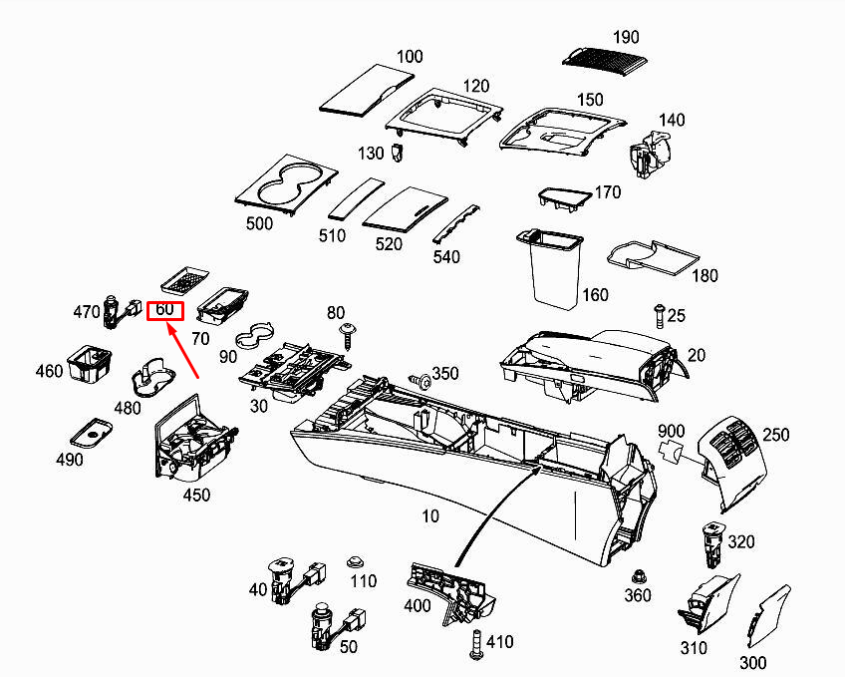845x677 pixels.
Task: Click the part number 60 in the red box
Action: pyautogui.click(x=164, y=310)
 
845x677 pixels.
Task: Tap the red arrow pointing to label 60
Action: pyautogui.click(x=183, y=350)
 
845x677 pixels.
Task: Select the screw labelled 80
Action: pyautogui.click(x=347, y=336)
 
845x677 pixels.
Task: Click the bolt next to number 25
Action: pyautogui.click(x=659, y=315)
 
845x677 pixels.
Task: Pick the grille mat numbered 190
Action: pyautogui.click(x=604, y=57)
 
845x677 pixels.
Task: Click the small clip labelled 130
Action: pyautogui.click(x=398, y=153)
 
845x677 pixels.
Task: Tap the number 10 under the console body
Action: pyautogui.click(x=430, y=516)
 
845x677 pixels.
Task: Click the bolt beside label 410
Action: pyautogui.click(x=476, y=644)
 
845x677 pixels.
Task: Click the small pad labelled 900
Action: pyautogui.click(x=671, y=451)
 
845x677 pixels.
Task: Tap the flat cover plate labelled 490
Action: pyautogui.click(x=91, y=433)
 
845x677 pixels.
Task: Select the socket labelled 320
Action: pyautogui.click(x=713, y=545)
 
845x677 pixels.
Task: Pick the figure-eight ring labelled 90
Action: pyautogui.click(x=254, y=335)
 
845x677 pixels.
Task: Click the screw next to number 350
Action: pyautogui.click(x=421, y=381)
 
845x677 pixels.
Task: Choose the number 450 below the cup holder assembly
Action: pyautogui.click(x=196, y=495)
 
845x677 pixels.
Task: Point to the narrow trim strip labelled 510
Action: pyautogui.click(x=356, y=198)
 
